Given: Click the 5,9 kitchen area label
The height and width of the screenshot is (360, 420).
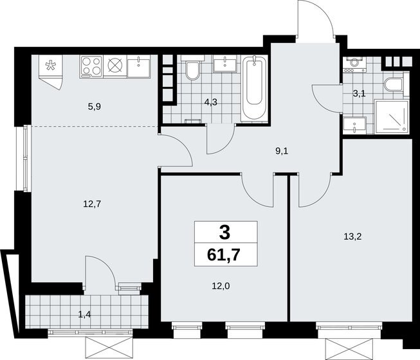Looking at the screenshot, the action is click(x=95, y=107).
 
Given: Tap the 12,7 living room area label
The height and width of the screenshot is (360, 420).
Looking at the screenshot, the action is click(x=91, y=204).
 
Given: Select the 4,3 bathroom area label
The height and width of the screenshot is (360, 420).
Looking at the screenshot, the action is click(x=210, y=102).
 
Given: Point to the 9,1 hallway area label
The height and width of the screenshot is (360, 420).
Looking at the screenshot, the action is click(x=282, y=151).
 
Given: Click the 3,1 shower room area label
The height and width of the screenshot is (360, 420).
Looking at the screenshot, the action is click(x=359, y=93).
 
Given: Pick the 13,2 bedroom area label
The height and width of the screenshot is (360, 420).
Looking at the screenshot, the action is click(x=352, y=237).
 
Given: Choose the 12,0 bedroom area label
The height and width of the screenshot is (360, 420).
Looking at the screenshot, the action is click(x=221, y=286).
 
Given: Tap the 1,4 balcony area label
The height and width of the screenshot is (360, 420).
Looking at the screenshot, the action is click(x=84, y=314).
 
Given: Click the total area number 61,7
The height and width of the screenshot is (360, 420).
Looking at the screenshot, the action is click(x=223, y=255).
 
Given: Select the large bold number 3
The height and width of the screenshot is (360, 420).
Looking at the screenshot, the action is click(x=224, y=232).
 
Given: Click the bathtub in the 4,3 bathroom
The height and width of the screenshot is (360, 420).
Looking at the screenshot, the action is click(x=254, y=87).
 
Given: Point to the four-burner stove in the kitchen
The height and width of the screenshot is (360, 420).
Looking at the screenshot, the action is click(x=91, y=67).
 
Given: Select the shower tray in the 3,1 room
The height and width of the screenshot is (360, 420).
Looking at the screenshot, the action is click(x=392, y=116).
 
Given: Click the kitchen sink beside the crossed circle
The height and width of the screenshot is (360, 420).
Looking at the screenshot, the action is click(x=139, y=67).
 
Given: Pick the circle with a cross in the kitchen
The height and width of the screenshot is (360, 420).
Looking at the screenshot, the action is click(x=115, y=66).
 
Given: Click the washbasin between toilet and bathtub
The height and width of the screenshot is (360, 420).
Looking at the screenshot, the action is click(x=225, y=64).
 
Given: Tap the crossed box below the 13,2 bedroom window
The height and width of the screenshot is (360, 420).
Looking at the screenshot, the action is click(x=349, y=348).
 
